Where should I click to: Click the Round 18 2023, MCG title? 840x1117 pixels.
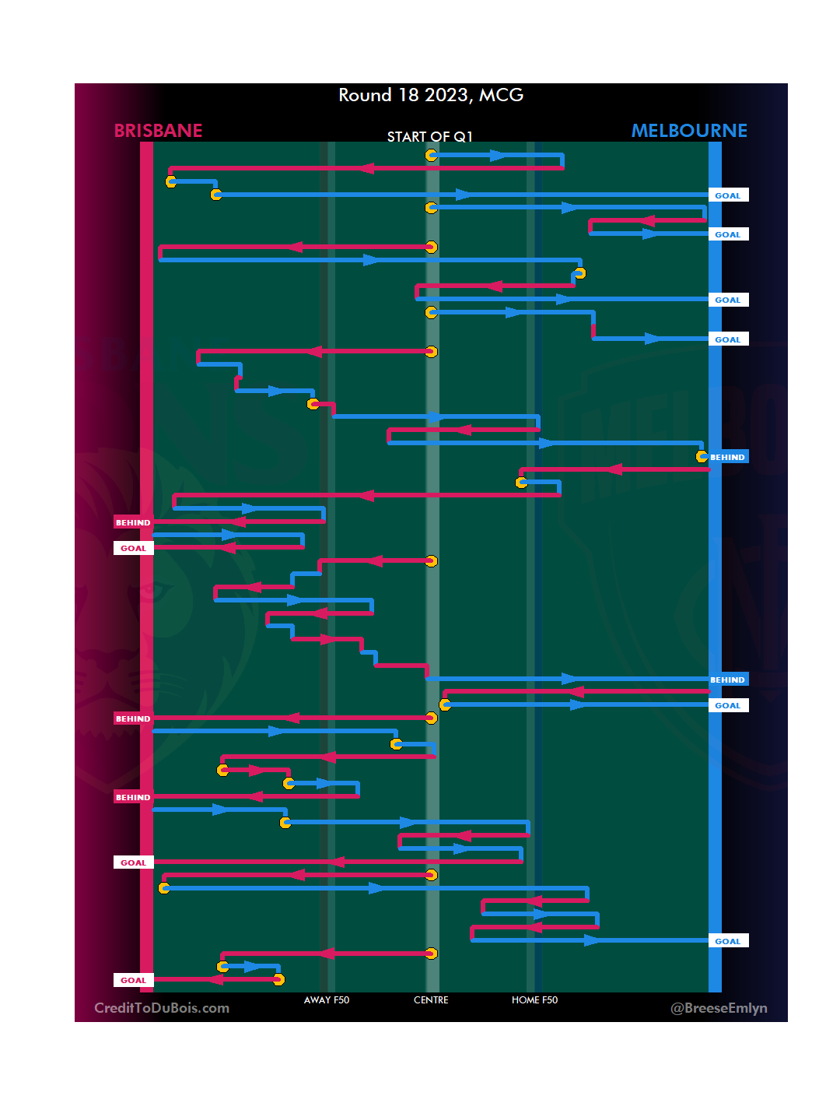coord(431,95)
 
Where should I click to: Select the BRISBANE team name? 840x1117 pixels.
coord(158,131)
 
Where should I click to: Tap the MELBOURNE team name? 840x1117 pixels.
coord(689,131)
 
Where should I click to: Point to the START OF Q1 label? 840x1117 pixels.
coord(429,137)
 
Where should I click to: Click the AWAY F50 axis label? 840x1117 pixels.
coord(327,1000)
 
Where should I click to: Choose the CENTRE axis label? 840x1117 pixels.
coord(431,1000)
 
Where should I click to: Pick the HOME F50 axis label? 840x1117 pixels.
coord(534,1000)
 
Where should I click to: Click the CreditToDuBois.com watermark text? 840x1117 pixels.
coord(162,1008)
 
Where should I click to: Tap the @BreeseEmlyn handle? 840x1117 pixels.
coord(719,1008)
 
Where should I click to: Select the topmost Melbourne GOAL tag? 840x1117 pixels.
coord(728,195)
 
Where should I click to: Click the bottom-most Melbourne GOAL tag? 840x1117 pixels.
coord(728,941)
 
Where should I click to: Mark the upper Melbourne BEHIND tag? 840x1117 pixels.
coord(728,457)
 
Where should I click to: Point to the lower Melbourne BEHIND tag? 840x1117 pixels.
coord(728,680)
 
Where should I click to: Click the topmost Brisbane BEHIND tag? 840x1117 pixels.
coord(133,522)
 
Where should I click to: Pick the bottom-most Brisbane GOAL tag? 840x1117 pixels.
coord(133,980)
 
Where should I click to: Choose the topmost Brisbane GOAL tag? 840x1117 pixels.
coord(133,548)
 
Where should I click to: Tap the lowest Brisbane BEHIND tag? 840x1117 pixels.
coord(133,797)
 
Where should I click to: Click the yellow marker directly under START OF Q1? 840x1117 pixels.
coord(431,156)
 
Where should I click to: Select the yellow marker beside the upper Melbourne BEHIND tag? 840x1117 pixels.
coord(702,456)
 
